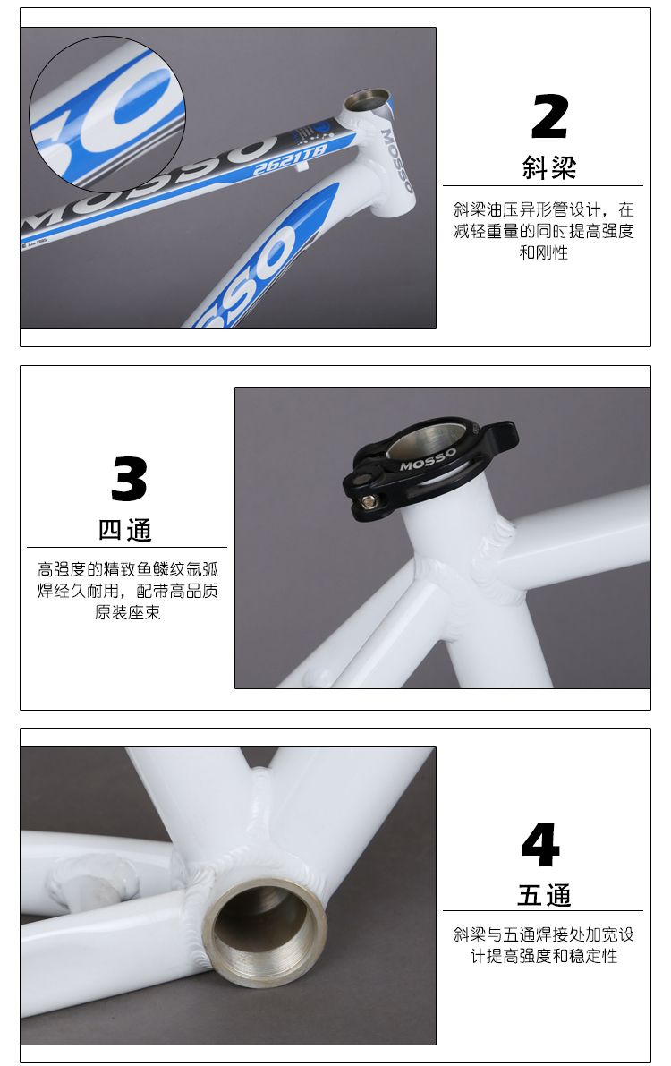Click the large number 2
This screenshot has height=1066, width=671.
point(549,116)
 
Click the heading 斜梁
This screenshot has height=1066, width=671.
point(549,168)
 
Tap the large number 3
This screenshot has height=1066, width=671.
point(129,479)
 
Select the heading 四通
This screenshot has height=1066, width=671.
point(125,530)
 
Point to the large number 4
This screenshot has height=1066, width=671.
point(541,844)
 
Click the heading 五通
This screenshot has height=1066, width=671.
point(544,895)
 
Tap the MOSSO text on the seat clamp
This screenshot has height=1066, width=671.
point(428,459)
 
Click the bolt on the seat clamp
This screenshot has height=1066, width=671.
point(369,501)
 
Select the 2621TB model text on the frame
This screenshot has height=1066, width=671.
point(290,160)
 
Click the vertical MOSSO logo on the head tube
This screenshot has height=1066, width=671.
point(397,160)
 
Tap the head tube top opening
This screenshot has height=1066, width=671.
point(368,100)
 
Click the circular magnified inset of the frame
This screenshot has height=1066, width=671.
point(107,115)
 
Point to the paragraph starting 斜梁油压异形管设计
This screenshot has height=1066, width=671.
point(543,230)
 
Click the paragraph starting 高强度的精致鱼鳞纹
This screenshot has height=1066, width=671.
point(128,591)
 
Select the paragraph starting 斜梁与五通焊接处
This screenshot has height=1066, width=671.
point(543,945)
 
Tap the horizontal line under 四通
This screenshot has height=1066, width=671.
point(127,547)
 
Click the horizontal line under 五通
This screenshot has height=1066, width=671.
point(542,910)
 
